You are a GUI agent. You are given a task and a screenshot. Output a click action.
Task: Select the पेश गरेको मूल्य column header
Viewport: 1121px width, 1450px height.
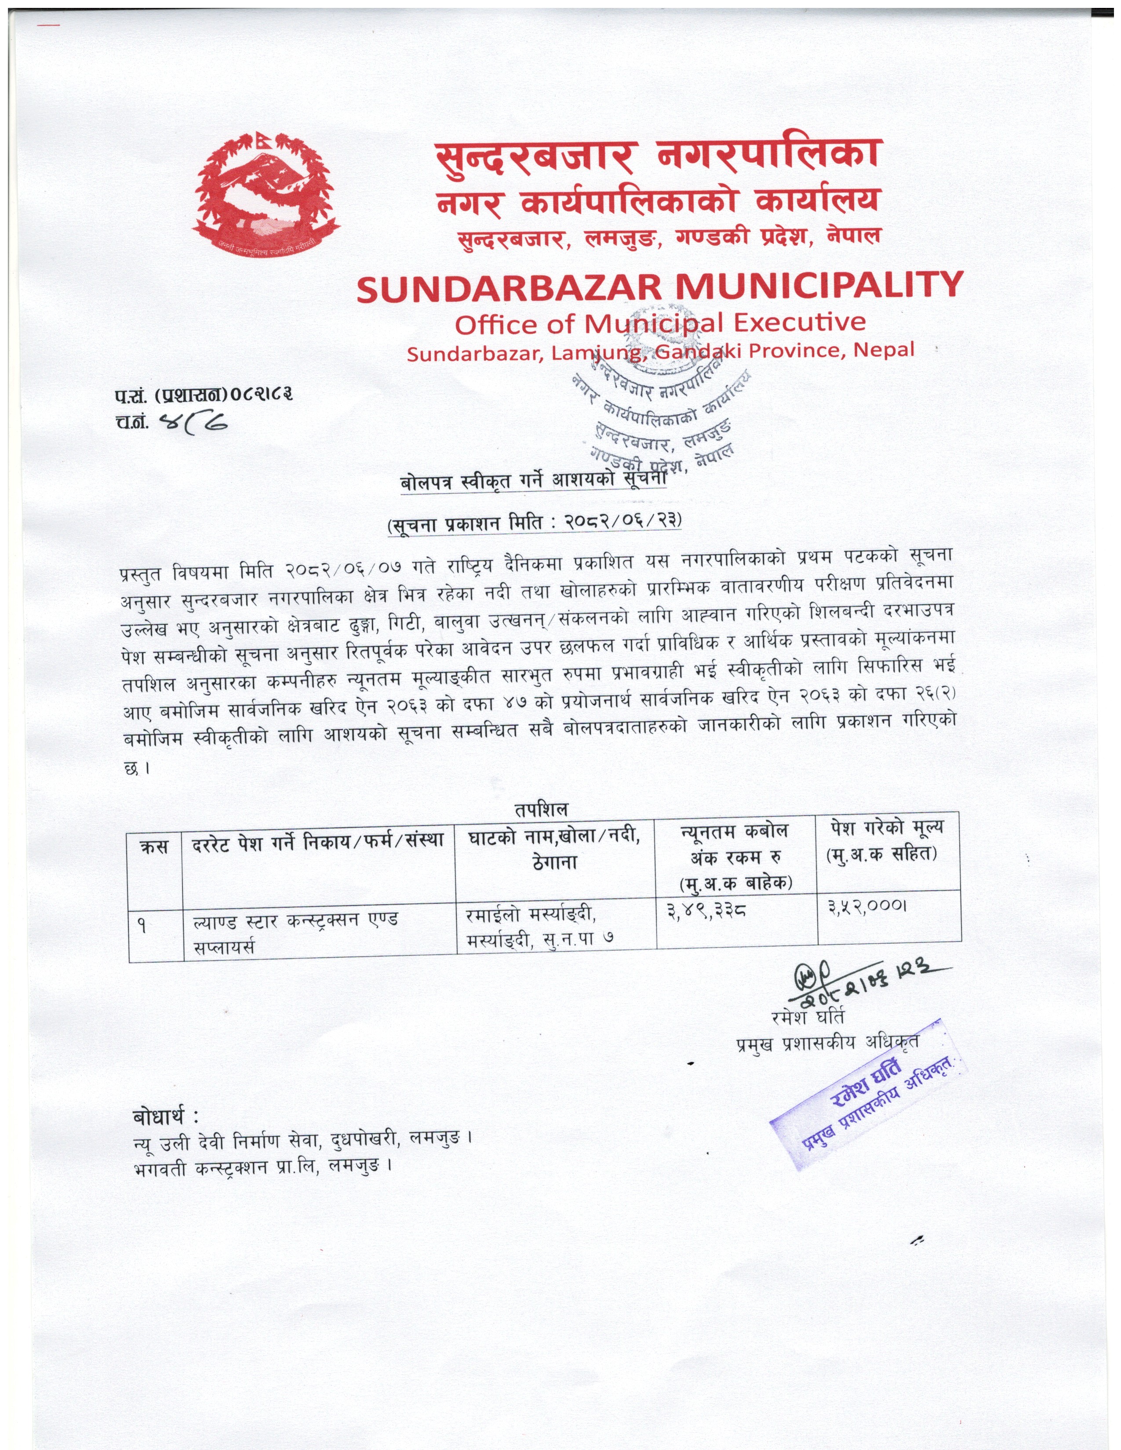[888, 839]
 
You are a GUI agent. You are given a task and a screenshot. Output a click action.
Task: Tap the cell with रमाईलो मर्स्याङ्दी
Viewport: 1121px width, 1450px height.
[531, 915]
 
